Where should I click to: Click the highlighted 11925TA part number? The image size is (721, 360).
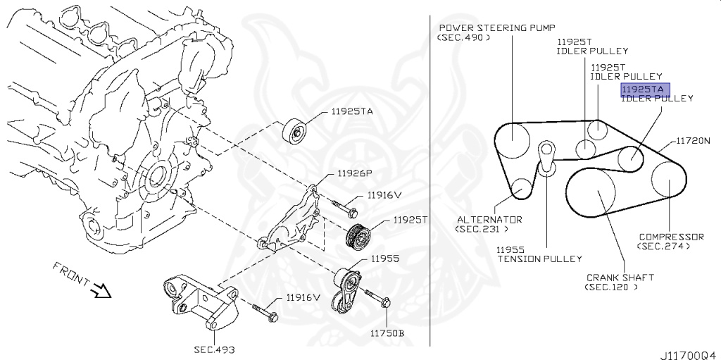(645, 89)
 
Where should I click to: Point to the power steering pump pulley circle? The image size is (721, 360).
(512, 141)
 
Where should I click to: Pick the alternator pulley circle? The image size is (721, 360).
(522, 188)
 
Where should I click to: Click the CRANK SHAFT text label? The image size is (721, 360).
(620, 278)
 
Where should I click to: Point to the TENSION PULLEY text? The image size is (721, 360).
(540, 259)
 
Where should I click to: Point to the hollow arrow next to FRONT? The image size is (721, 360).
(102, 290)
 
